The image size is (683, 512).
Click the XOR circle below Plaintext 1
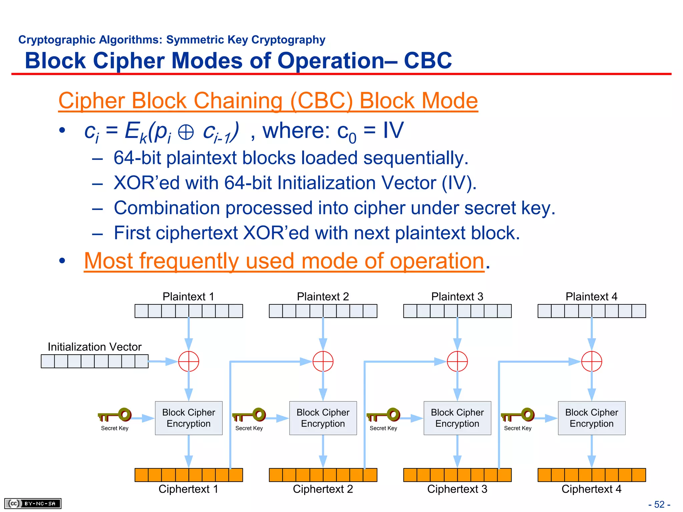(x=188, y=361)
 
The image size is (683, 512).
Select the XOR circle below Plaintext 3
(x=457, y=361)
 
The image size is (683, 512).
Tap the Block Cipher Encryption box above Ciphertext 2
(x=323, y=418)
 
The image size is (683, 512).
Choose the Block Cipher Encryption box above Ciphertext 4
(x=592, y=418)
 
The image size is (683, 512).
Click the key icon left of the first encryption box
(x=115, y=415)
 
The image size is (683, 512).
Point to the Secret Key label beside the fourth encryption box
(x=518, y=428)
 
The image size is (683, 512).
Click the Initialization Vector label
(x=94, y=347)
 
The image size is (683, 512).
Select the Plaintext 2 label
(x=323, y=296)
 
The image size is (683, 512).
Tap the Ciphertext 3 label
(x=457, y=489)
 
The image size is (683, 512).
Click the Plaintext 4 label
(x=592, y=296)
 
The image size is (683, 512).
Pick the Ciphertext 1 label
(x=188, y=489)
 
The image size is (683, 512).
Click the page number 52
(x=659, y=504)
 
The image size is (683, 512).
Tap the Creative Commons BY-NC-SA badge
(x=33, y=503)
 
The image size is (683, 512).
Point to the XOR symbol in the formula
(x=186, y=132)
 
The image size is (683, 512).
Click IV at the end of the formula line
(x=393, y=130)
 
